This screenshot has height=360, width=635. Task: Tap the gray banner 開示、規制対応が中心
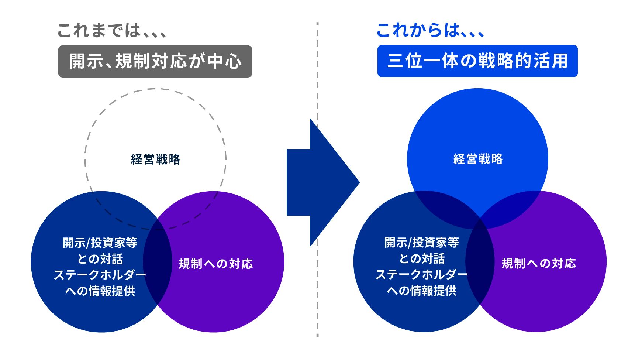155,61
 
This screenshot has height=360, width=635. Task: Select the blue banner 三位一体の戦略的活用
477,61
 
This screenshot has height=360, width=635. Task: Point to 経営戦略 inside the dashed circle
156,160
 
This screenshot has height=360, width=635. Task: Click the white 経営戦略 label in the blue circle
478,159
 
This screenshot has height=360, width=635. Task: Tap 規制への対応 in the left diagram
216,264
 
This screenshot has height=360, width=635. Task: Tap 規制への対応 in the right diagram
538,263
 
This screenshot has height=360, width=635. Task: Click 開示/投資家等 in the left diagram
100,243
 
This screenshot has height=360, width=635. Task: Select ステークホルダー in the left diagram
100,275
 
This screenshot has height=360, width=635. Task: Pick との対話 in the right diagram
422,258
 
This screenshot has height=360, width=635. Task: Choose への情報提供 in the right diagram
422,291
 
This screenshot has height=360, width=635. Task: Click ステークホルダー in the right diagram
422,275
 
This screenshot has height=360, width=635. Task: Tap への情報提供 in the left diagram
100,291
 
